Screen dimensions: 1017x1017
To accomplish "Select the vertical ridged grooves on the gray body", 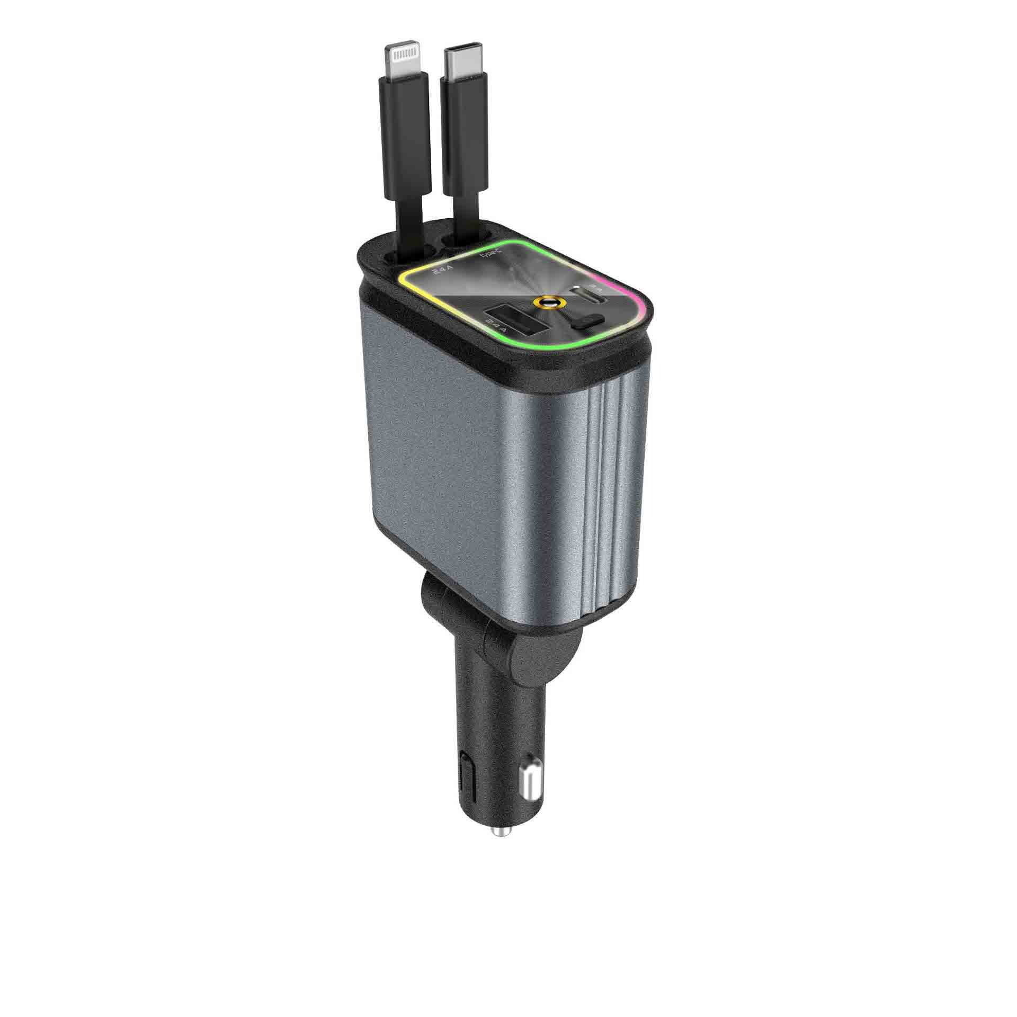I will click(x=609, y=493).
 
